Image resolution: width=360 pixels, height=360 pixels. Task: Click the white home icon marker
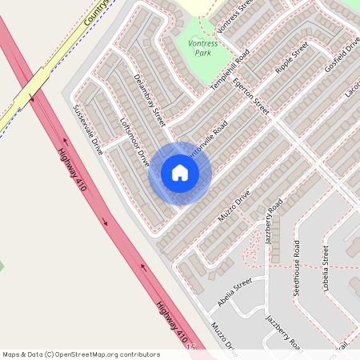pos(180,173)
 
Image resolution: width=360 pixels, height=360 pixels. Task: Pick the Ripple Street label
pos(291,58)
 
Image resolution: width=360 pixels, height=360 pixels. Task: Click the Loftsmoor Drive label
pos(134,142)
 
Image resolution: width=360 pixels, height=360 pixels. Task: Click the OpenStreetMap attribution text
pos(81,354)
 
